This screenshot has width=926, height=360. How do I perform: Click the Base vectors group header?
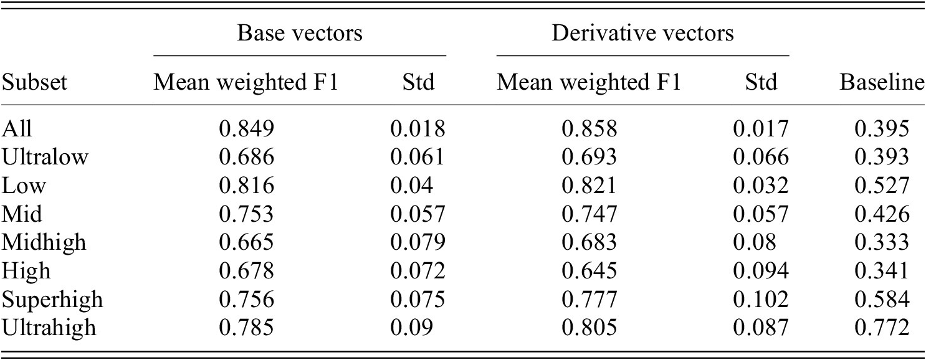pyautogui.click(x=300, y=33)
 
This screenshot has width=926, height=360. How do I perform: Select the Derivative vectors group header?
pyautogui.click(x=642, y=33)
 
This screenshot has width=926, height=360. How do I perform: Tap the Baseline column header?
pyautogui.click(x=882, y=83)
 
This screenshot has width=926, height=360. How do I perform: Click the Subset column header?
pyautogui.click(x=34, y=83)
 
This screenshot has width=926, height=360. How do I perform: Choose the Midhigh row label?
pyautogui.click(x=45, y=242)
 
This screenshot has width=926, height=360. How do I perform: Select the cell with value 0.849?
pyautogui.click(x=246, y=129)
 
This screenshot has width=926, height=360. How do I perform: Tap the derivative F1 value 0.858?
pyautogui.click(x=589, y=129)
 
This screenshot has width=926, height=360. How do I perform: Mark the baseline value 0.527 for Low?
pyautogui.click(x=882, y=185)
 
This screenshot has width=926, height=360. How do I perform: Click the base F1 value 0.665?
pyautogui.click(x=246, y=242)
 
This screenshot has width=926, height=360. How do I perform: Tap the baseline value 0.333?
pyautogui.click(x=882, y=242)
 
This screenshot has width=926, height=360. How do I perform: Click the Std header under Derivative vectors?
pyautogui.click(x=761, y=83)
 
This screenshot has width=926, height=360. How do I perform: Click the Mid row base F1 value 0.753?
pyautogui.click(x=246, y=214)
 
